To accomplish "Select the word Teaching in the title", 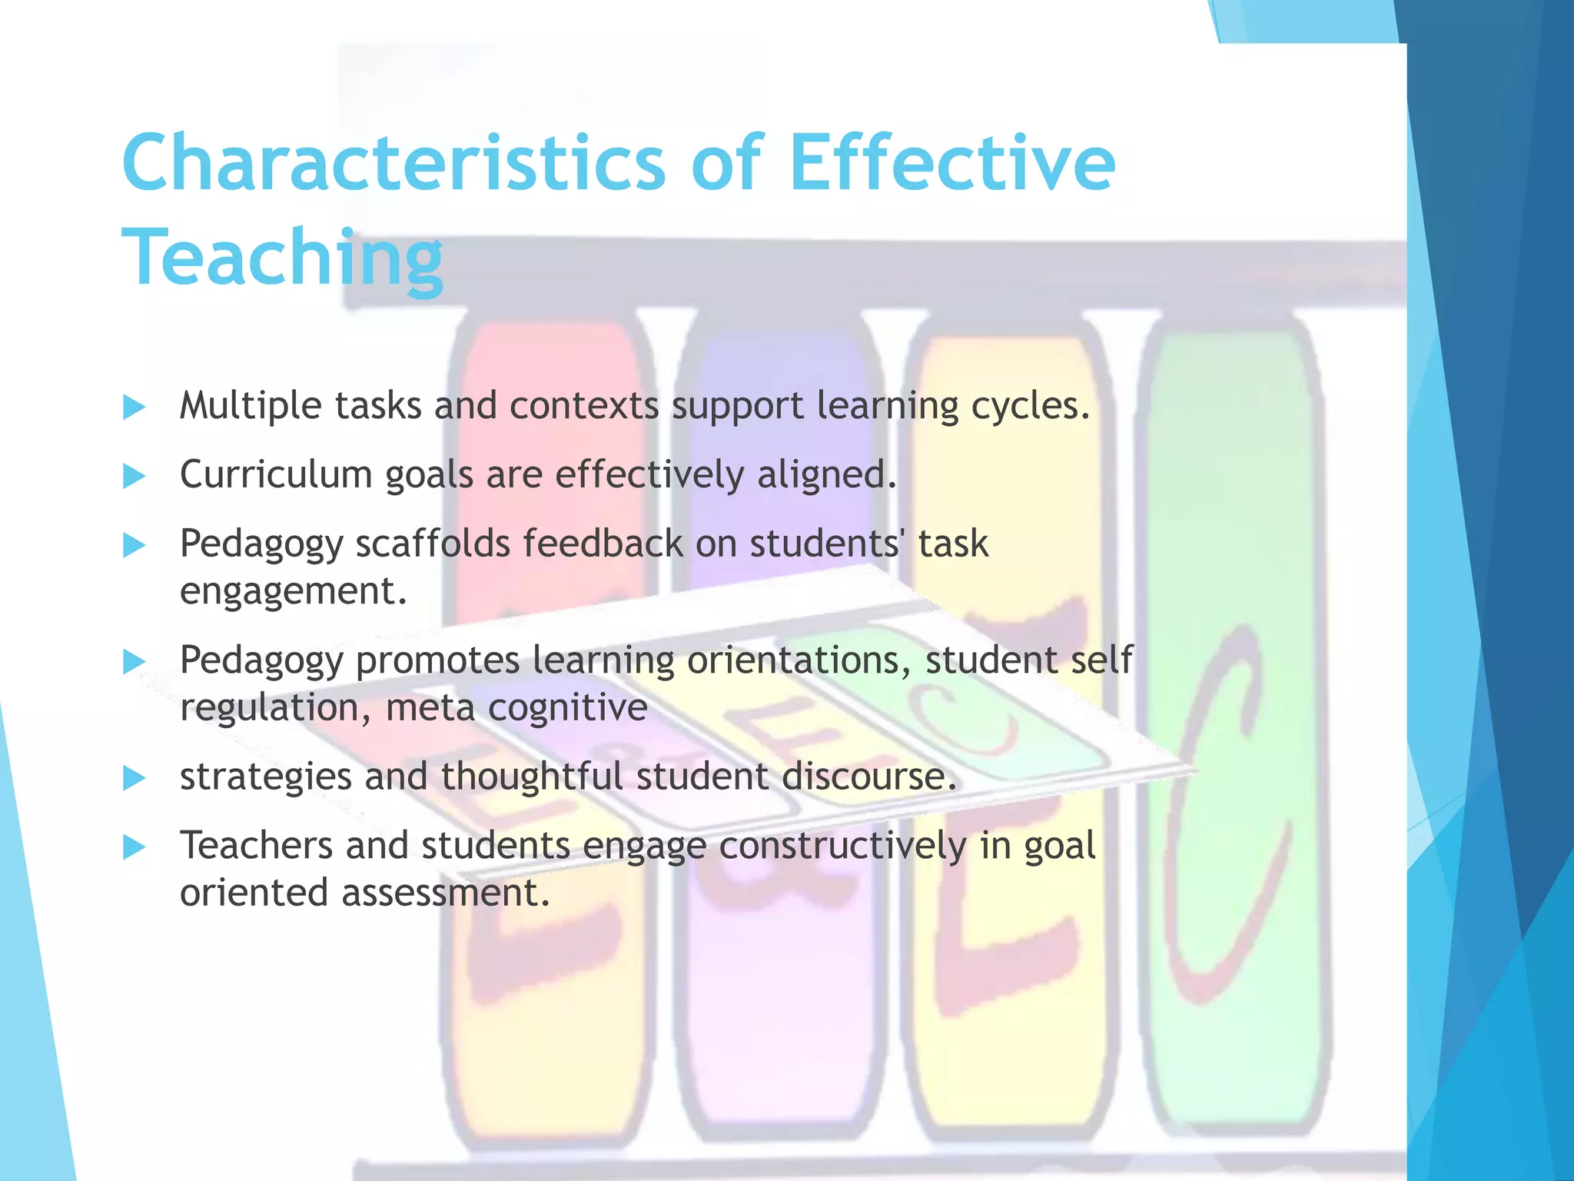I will (x=282, y=258).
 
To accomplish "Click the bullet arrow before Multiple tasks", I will (x=134, y=407).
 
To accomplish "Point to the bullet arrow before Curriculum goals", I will (x=134, y=476).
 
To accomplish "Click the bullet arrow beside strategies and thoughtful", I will (x=134, y=778).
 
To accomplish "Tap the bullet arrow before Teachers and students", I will (x=134, y=847).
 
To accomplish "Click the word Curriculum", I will (x=276, y=474).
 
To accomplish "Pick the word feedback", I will (x=603, y=543).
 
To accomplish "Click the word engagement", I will (x=293, y=591).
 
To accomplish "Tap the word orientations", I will (x=799, y=660).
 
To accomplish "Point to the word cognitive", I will (x=568, y=707).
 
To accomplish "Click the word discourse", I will (x=869, y=777).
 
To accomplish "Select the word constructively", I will (x=842, y=846).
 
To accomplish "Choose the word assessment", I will (x=445, y=893).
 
